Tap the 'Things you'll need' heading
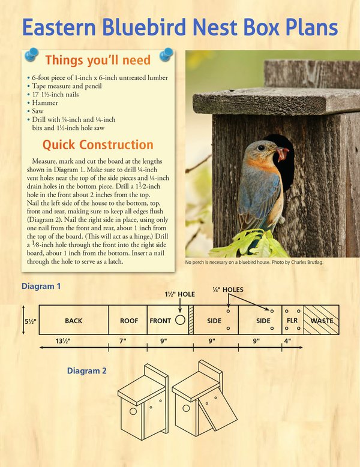[98, 60]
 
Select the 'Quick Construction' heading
[98, 144]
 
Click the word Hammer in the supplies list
[43, 103]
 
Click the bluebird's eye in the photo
[262, 147]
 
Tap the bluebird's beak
[282, 153]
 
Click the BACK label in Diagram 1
[73, 321]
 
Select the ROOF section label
[129, 321]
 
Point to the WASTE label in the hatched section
[322, 321]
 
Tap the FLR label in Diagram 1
[292, 321]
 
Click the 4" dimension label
[288, 341]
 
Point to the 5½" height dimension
[30, 321]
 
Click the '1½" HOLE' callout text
[180, 294]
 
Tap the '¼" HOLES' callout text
[228, 290]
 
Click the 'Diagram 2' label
[87, 371]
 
